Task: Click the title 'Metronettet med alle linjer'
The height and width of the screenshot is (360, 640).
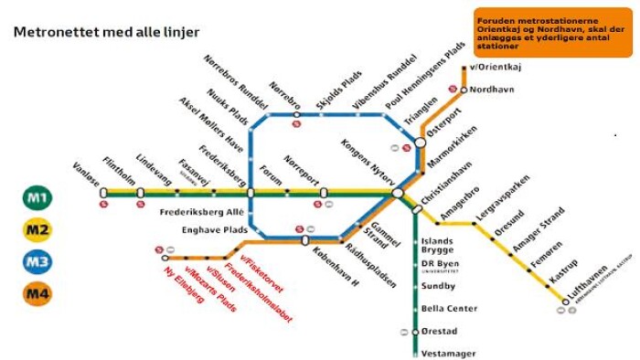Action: [x=106, y=32]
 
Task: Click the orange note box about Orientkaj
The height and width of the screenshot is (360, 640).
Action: [x=552, y=33]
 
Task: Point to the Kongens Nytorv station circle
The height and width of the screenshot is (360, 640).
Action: [x=398, y=194]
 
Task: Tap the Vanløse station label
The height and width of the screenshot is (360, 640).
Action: [x=84, y=175]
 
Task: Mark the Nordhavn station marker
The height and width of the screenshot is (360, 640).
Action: [x=464, y=90]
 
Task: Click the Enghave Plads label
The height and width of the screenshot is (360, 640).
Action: [x=215, y=230]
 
